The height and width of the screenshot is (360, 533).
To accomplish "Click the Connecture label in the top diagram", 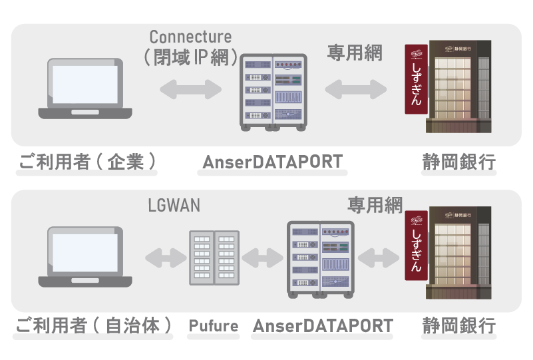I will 190,37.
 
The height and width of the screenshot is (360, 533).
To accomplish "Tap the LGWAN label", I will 174,206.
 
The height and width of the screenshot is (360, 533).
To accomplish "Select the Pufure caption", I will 213,326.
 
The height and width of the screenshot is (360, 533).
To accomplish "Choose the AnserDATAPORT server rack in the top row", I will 273,91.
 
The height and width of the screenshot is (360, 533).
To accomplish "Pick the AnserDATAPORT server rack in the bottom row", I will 319,258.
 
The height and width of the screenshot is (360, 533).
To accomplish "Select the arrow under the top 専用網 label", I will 355,89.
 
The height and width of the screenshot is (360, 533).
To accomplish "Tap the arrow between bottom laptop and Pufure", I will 164,257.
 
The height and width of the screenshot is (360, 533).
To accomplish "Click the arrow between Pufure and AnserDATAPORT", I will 263,257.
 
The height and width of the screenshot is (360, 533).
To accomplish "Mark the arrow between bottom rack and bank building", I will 378,256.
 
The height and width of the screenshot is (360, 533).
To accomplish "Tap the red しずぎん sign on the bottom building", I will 417,246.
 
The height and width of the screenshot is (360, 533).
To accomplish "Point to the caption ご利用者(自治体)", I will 93,326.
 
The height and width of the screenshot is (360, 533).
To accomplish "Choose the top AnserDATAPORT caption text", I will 272,162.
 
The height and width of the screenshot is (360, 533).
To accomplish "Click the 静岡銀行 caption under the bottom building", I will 458,326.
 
